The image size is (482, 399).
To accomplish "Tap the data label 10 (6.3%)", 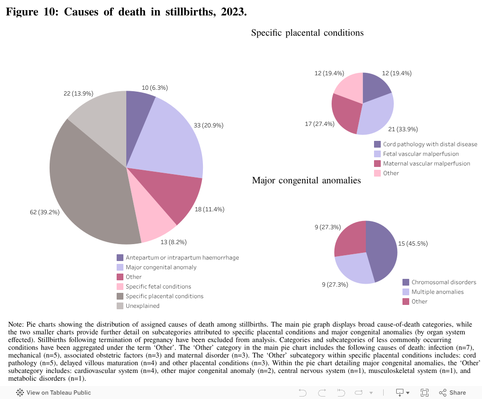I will pyautogui.click(x=155, y=88).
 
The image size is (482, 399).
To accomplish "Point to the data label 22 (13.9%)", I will pyautogui.click(x=78, y=93).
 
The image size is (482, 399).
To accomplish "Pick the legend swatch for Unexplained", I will pyautogui.click(x=120, y=306).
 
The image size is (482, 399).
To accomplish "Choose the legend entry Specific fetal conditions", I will pyautogui.click(x=158, y=287).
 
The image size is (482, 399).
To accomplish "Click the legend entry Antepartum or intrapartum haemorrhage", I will pyautogui.click(x=182, y=258).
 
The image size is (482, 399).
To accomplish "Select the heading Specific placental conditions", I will pyautogui.click(x=307, y=33).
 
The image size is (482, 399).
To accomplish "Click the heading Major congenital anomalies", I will pyautogui.click(x=306, y=180).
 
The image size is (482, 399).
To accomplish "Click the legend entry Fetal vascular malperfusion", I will pyautogui.click(x=421, y=154).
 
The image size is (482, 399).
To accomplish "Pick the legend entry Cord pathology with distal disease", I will pyautogui.click(x=430, y=144).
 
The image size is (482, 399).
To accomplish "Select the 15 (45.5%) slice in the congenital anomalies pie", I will pyautogui.click(x=383, y=251).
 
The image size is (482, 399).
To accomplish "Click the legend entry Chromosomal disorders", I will pyautogui.click(x=443, y=282).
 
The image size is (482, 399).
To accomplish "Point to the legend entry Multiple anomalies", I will pyautogui.click(x=437, y=292).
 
